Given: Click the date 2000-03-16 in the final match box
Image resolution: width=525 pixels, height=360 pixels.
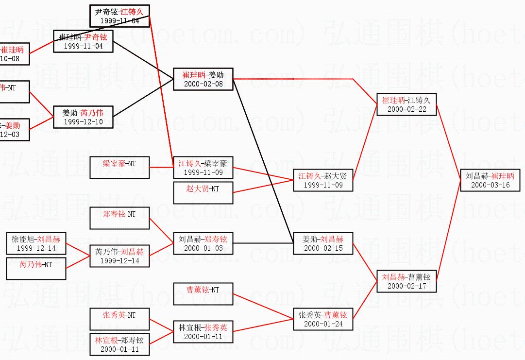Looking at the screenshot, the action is coord(490,185).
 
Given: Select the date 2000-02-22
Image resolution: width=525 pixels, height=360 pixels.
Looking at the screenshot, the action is coord(406,109).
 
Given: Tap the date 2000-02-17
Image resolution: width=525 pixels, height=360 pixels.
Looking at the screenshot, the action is coord(406,286).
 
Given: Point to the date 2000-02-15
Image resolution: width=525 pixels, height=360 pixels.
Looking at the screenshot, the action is coord(323,248).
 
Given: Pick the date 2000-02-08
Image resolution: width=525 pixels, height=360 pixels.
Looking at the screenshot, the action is coord(203,84).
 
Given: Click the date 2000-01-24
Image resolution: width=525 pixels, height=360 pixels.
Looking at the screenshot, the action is coord(323,324).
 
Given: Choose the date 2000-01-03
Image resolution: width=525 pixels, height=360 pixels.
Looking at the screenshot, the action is coord(203,248).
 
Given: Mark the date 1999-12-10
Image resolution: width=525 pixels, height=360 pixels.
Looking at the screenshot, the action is coord(83,122).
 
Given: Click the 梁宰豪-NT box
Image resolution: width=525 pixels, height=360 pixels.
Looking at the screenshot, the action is coord(119,168).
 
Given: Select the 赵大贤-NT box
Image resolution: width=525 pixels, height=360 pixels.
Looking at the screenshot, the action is coord(203,192).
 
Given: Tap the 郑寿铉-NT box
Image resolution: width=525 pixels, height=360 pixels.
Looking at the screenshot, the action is coord(119,218).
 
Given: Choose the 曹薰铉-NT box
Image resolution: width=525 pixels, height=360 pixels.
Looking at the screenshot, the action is coord(203,293).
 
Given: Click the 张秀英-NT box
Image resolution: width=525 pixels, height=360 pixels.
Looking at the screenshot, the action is coord(119,319).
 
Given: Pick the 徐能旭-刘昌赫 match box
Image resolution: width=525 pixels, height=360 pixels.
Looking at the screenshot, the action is coord(36,243).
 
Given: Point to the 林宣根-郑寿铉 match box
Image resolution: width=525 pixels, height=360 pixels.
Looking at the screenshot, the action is coord(119,344).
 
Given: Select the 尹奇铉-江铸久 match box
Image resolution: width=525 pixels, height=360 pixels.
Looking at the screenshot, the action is coord(119,16).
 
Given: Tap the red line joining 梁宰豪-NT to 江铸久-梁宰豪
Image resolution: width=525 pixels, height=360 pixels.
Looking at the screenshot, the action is coord(161,167).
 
